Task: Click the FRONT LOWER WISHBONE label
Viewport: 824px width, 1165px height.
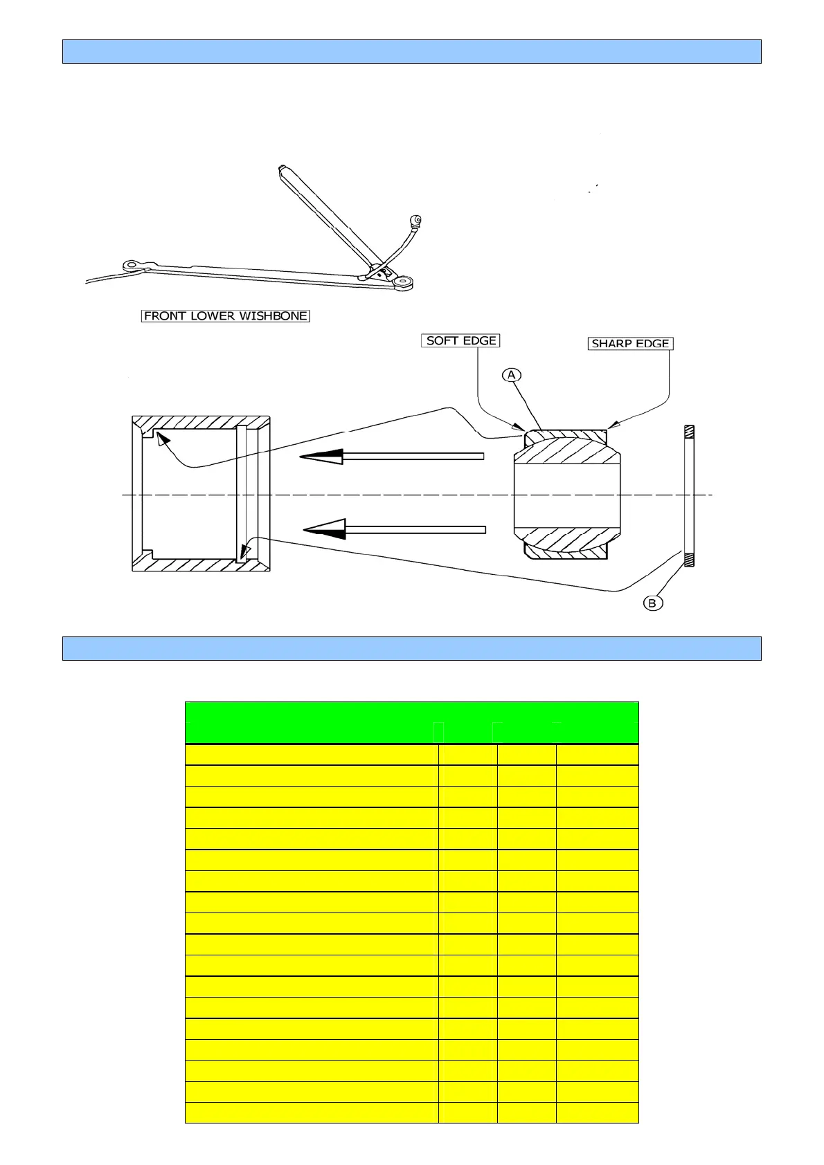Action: tap(225, 316)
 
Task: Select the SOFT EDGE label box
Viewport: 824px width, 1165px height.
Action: tap(460, 340)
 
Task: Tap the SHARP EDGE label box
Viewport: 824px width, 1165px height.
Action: tap(630, 343)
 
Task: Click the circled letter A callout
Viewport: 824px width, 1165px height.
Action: tap(511, 375)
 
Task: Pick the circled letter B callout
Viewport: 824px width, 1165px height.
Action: tap(652, 603)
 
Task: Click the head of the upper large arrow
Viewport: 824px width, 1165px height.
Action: tap(321, 457)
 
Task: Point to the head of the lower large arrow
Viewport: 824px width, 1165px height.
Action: tap(325, 530)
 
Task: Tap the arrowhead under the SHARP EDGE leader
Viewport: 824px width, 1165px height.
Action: tap(611, 425)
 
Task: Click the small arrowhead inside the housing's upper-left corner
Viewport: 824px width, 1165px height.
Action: tap(161, 439)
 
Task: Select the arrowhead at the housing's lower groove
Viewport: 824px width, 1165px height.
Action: tap(244, 551)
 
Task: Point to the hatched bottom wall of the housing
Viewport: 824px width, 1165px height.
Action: tap(201, 564)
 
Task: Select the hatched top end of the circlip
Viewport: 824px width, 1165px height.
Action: tap(689, 432)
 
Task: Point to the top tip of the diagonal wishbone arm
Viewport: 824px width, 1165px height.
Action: tap(281, 168)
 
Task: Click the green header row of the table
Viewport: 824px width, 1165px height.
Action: tap(411, 722)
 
